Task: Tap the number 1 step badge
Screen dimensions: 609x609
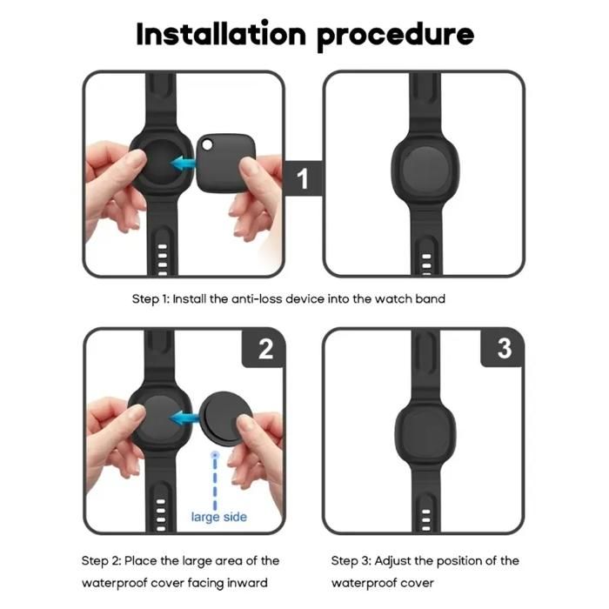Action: coord(302,179)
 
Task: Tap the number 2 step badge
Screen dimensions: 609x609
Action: coord(266,349)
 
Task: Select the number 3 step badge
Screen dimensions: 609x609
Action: coord(505,349)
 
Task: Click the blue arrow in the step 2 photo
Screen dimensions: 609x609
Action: coord(181,418)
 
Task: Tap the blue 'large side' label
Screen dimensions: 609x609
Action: coord(218,518)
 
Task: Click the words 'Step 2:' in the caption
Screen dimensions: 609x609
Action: coord(103,559)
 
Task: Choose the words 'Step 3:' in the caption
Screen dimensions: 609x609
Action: coord(351,559)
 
